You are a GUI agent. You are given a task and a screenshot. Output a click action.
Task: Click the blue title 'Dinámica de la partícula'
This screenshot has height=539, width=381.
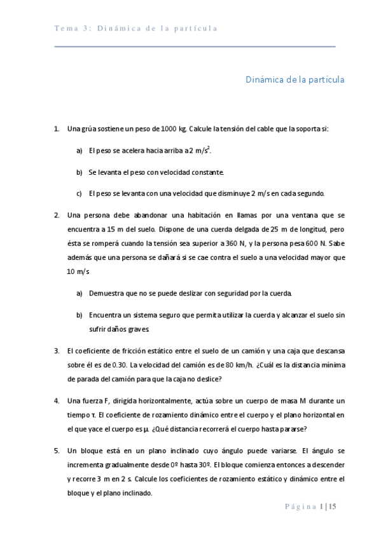295,80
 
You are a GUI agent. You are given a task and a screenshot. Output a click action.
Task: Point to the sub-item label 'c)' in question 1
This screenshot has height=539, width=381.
80,193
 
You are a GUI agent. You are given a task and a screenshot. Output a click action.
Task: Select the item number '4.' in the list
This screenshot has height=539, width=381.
57,400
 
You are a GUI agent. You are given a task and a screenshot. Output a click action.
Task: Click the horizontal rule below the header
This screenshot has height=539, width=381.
195,47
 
